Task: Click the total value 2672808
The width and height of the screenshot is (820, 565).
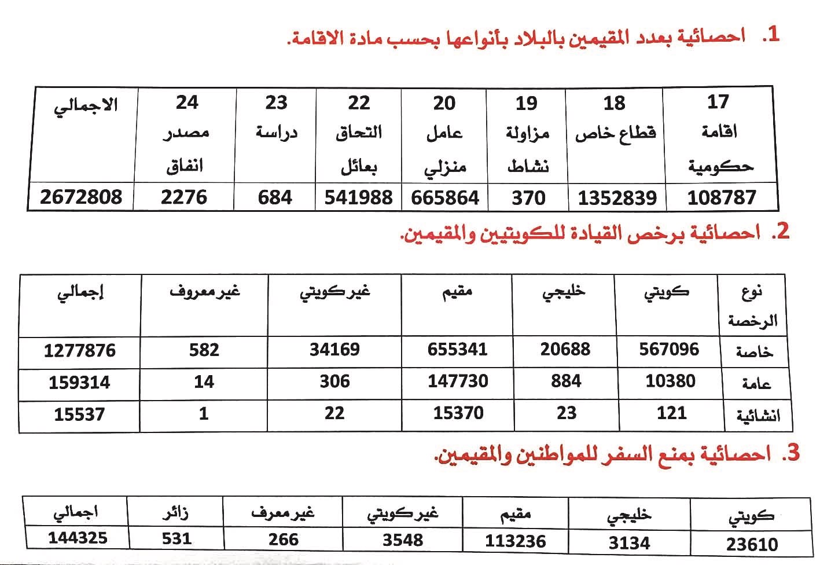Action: (x=81, y=197)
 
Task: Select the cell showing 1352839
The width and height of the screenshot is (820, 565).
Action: (x=617, y=198)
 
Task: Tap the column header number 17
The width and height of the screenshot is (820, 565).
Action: (x=718, y=102)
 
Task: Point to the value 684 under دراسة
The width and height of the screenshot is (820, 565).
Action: (x=275, y=197)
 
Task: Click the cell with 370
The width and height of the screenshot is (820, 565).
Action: (x=528, y=198)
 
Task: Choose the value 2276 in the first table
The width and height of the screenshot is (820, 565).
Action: (x=184, y=197)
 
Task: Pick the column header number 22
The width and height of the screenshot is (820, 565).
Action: (x=359, y=103)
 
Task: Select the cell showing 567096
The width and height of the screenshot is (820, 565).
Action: (x=669, y=349)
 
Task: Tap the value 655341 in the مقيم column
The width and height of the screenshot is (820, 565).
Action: (x=458, y=350)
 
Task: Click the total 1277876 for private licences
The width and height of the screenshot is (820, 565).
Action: (x=80, y=351)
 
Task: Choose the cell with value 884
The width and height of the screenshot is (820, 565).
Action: (x=565, y=381)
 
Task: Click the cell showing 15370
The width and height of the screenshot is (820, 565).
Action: (x=458, y=413)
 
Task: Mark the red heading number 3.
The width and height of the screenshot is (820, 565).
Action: (x=790, y=453)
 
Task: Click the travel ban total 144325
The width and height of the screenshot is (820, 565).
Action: (x=78, y=538)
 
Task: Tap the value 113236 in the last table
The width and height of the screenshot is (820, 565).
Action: (x=515, y=541)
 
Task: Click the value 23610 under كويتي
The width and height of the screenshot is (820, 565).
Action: (x=752, y=544)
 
